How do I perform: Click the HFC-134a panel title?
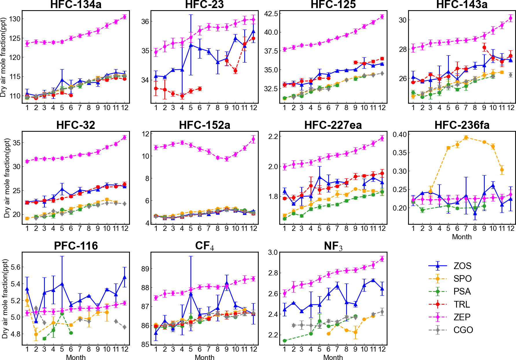(76, 5)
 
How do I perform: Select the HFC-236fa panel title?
(462, 125)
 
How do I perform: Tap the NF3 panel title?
(333, 246)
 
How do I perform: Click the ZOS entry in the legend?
(462, 266)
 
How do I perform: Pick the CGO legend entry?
(463, 330)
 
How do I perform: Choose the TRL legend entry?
(462, 304)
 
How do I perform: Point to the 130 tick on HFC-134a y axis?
(15, 19)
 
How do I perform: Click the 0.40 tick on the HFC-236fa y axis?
(399, 134)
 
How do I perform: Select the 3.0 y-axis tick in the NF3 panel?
(273, 253)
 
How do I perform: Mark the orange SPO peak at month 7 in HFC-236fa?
(466, 138)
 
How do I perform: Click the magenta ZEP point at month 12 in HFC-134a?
(125, 17)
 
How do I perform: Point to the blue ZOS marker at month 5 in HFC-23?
(191, 45)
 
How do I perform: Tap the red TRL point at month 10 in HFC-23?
(236, 71)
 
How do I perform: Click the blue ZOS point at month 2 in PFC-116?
(36, 321)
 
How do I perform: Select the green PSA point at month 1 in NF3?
(285, 341)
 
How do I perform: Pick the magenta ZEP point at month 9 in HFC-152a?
(227, 159)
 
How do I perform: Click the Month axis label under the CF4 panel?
(204, 357)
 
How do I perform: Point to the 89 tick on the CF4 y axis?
(145, 269)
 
